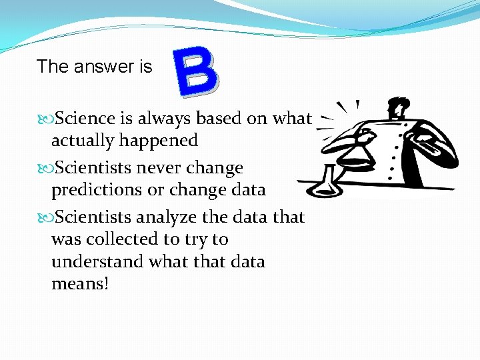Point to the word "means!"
[79, 284]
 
